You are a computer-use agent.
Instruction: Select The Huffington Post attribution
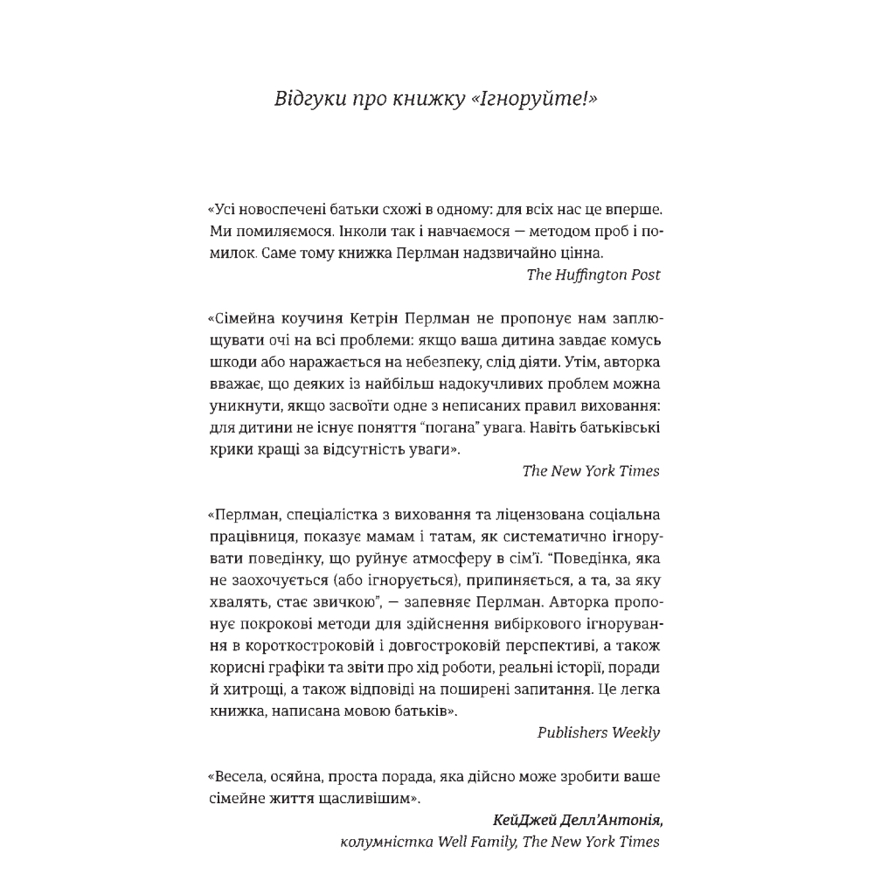coord(593,274)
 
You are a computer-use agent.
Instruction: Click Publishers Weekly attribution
coord(599,732)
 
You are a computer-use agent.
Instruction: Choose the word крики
coord(229,449)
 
